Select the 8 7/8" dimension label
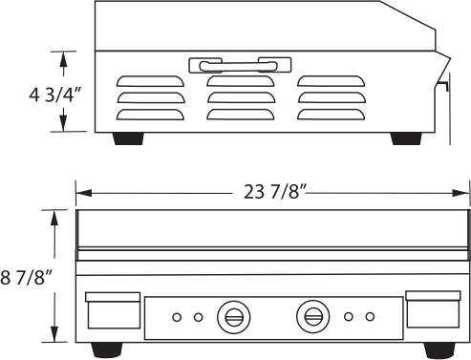tap(26, 278)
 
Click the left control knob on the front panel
tap(232, 315)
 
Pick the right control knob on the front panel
tap(311, 315)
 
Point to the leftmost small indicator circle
tap(177, 316)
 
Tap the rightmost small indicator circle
tap(369, 316)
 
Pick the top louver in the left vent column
tap(149, 80)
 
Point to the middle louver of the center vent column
tap(239, 96)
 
